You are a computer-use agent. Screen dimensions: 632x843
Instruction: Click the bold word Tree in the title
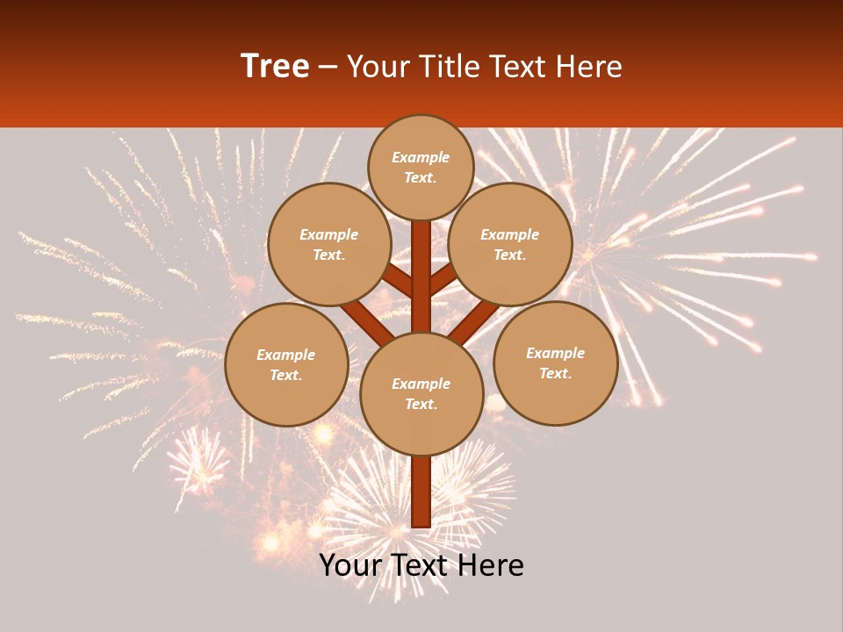[x=275, y=66]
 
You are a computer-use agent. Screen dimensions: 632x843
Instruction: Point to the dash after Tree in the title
[x=328, y=67]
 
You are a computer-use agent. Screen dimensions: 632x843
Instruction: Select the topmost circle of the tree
[x=421, y=167]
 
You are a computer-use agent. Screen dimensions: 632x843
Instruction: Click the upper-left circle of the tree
[x=329, y=244]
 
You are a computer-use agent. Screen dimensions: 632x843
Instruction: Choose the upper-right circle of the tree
[x=510, y=244]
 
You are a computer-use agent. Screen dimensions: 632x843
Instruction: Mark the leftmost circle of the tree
[x=286, y=364]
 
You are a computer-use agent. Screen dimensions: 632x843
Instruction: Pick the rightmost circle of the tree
[x=555, y=363]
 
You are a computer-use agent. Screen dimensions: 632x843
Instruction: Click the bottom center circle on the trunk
[x=421, y=394]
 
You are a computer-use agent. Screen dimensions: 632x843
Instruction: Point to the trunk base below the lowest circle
[x=421, y=492]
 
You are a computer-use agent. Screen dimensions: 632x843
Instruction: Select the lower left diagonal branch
[x=365, y=321]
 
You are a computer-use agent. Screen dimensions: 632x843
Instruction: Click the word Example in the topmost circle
[x=421, y=157]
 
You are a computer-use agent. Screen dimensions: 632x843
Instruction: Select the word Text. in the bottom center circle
[x=421, y=405]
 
